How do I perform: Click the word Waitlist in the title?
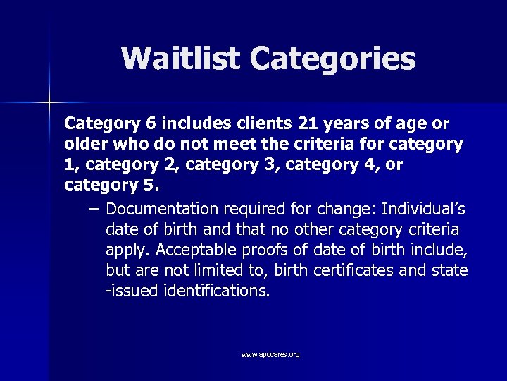(x=181, y=59)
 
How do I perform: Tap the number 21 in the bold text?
(x=308, y=124)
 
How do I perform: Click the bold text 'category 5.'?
(x=111, y=186)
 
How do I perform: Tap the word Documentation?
(x=162, y=210)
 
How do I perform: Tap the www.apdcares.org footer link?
(x=270, y=354)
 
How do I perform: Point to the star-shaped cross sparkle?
(x=49, y=103)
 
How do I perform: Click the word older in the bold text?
(x=84, y=145)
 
